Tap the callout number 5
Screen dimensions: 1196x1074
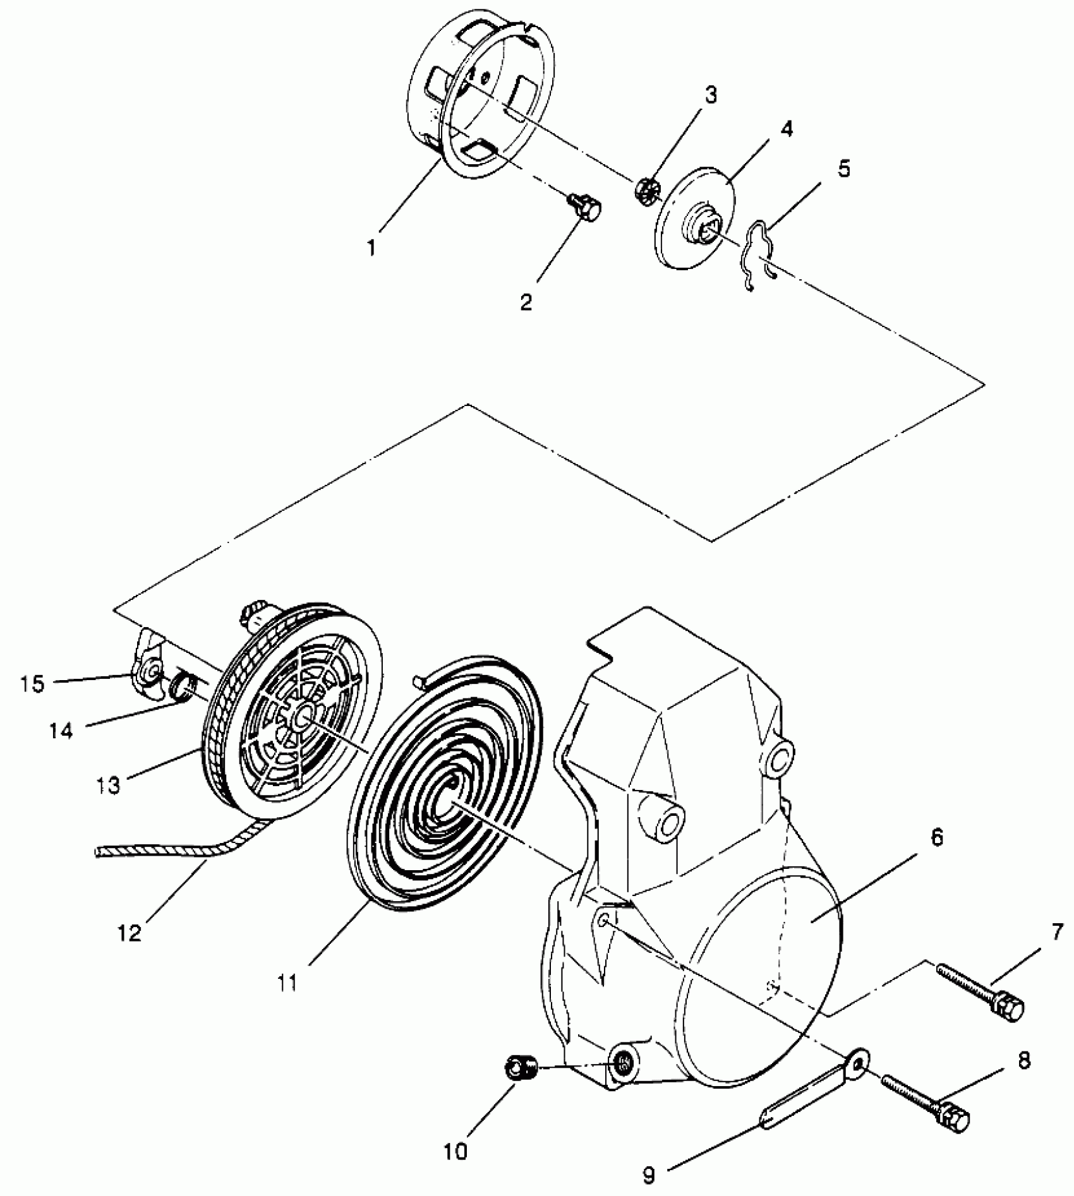tap(845, 169)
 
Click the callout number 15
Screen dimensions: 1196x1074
tap(32, 684)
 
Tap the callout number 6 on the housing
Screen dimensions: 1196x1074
tap(937, 839)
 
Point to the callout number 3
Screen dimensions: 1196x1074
tap(710, 96)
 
